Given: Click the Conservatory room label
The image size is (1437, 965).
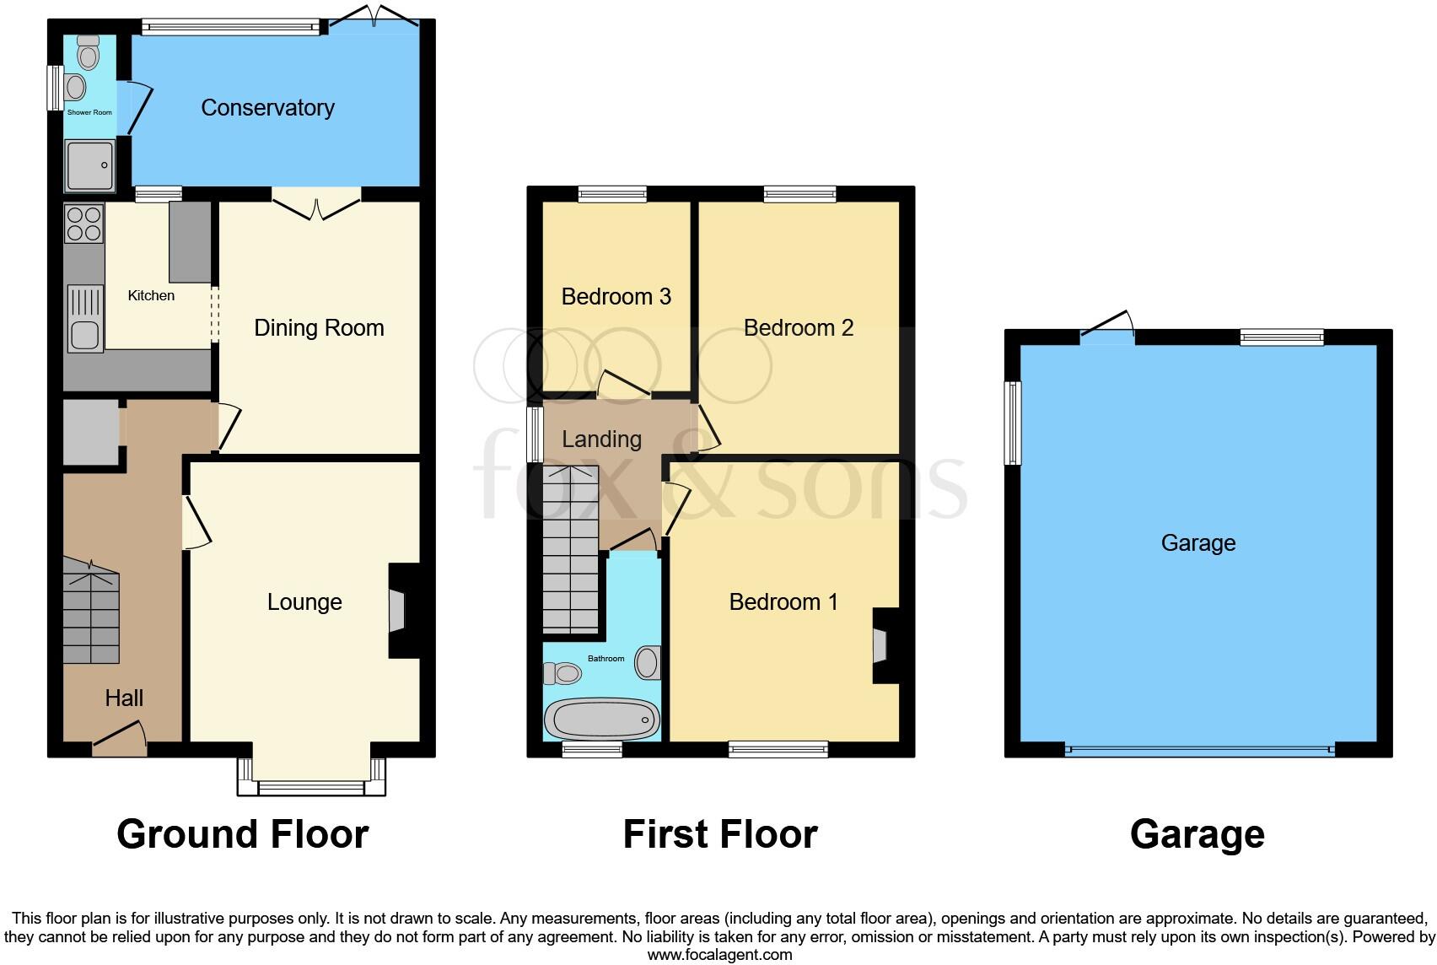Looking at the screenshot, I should (x=267, y=108).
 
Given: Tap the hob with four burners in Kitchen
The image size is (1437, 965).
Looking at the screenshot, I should (x=84, y=224).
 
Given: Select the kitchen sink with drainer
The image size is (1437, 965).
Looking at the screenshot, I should (x=85, y=319).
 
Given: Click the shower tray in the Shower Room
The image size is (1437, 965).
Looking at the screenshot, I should (x=90, y=165).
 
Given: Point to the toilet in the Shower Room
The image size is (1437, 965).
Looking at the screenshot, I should (x=88, y=53).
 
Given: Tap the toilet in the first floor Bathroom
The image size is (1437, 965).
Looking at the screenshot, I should (x=563, y=673).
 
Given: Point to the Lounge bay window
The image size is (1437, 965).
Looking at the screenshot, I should (x=311, y=787).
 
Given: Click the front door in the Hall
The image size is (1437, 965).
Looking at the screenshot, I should (x=120, y=737).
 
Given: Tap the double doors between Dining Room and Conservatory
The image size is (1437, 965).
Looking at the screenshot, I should (x=317, y=205).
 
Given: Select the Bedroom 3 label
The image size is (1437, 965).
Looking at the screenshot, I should (x=616, y=297).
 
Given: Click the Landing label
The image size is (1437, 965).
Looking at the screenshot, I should (x=601, y=439).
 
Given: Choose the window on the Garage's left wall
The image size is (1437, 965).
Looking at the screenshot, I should (x=1013, y=423).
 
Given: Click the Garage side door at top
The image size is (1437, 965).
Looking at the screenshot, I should (x=1108, y=329).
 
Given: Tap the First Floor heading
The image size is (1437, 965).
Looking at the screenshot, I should (x=719, y=834).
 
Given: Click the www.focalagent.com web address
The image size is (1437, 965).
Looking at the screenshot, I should (x=719, y=955).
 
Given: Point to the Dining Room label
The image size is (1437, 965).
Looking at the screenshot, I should (x=319, y=328).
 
